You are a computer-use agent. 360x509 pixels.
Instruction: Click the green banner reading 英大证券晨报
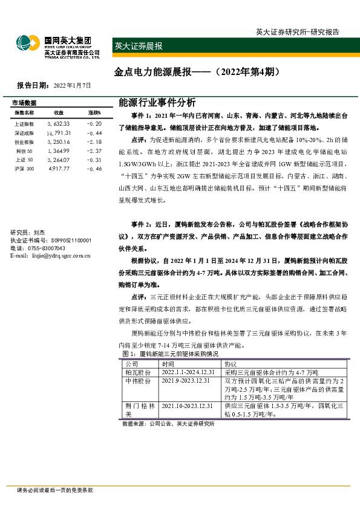[x=138, y=46]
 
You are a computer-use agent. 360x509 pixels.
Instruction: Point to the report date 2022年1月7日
[x=72, y=86]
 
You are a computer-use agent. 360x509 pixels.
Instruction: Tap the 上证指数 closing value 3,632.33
[x=59, y=123]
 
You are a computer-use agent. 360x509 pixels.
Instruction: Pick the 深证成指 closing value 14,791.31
[x=59, y=132]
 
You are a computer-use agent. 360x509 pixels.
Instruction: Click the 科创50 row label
[x=24, y=151]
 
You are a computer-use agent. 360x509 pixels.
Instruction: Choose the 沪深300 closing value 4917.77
[x=59, y=169]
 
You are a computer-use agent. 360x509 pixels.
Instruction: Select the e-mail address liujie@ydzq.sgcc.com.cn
[x=59, y=256]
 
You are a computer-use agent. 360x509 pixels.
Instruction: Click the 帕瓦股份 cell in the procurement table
[x=136, y=373]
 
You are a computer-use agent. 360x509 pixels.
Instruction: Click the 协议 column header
[x=231, y=365]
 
